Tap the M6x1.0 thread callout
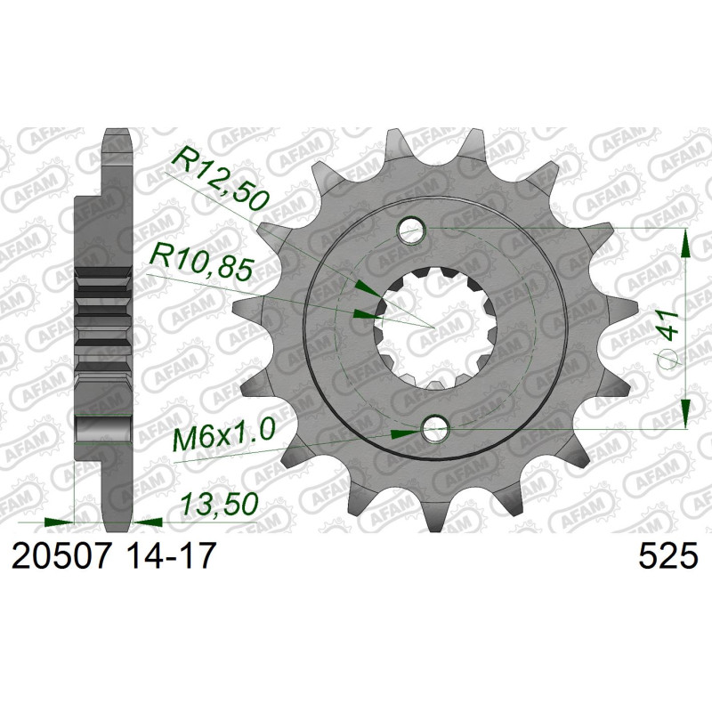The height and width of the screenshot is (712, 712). pos(225,434)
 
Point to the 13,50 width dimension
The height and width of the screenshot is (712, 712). pos(219,504)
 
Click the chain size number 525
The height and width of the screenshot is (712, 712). pos(668,555)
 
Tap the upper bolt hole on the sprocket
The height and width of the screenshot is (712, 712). pos(411,231)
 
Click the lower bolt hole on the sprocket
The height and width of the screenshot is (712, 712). pos(435,427)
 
